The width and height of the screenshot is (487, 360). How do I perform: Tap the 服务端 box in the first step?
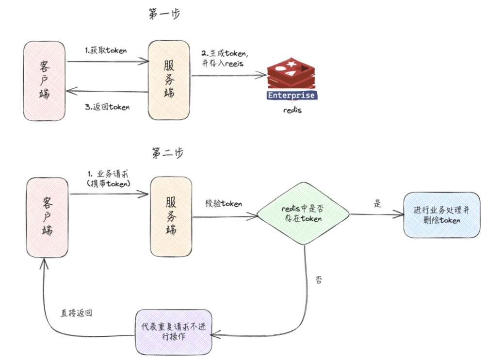click(x=169, y=81)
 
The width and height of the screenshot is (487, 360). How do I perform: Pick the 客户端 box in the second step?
click(x=47, y=217)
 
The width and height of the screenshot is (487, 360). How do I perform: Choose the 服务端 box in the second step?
click(x=171, y=217)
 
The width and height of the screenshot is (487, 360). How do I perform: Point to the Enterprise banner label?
click(x=292, y=95)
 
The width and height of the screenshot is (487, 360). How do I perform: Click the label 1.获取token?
click(x=106, y=50)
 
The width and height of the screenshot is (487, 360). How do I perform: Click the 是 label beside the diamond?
click(x=378, y=203)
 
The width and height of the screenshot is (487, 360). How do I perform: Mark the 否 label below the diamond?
click(x=319, y=280)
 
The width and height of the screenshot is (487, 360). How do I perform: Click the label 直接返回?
click(x=77, y=313)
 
